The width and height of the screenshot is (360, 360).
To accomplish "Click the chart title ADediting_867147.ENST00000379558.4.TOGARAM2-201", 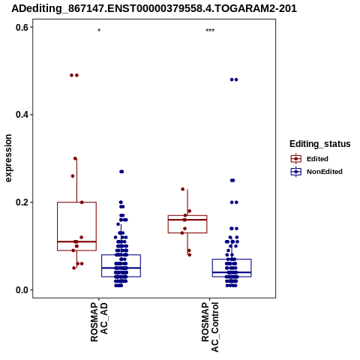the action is [154, 8].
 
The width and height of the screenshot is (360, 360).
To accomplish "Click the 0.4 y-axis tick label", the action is [22, 115].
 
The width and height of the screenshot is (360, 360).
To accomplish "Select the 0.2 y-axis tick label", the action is [22, 202].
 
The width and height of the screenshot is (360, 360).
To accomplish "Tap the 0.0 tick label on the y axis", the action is [22, 290].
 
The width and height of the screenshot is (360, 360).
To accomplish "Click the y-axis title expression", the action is [8, 158].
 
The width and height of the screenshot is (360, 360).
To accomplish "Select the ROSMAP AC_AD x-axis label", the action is [99, 322].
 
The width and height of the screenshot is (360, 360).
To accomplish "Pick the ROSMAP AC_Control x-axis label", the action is [210, 327].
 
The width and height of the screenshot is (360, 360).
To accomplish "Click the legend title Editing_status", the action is [320, 144].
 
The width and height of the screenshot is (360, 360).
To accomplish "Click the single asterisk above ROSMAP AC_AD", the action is [99, 31].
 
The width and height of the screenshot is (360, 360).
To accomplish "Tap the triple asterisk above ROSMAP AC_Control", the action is [210, 31].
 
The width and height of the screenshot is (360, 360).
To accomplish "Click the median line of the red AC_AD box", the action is [76, 241].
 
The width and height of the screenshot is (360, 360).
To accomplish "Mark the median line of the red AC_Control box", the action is [187, 220].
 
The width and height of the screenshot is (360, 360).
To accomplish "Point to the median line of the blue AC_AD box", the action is [121, 268].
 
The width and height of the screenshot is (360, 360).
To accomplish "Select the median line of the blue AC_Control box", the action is [232, 272].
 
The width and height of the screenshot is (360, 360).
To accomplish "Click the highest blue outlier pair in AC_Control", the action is [234, 79].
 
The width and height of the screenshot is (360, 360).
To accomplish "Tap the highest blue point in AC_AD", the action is [121, 172].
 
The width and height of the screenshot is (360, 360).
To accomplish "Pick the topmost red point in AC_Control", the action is [183, 189].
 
